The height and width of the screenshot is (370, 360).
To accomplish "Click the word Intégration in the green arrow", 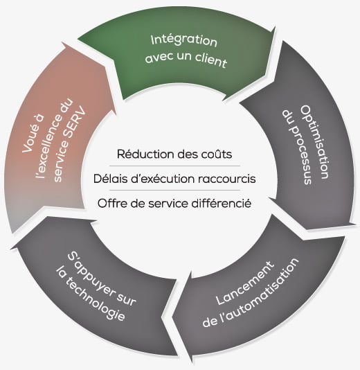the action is point(184,41).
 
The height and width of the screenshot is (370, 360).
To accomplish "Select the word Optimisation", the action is point(315,141).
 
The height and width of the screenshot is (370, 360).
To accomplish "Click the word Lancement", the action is point(245,283).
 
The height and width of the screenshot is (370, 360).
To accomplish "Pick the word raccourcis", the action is point(227,179).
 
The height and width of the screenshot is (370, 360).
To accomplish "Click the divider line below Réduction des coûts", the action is point(174,166).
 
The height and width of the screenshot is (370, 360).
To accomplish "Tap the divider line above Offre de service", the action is point(174,190).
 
